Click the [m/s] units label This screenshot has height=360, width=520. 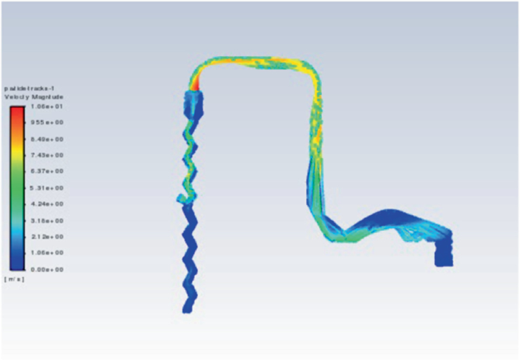click(14, 279)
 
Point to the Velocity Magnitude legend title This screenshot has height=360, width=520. click(33, 97)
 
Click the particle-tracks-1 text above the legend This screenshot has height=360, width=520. click(30, 89)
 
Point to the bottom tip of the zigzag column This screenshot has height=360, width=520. click(187, 308)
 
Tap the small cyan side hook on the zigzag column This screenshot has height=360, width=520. click(180, 199)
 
